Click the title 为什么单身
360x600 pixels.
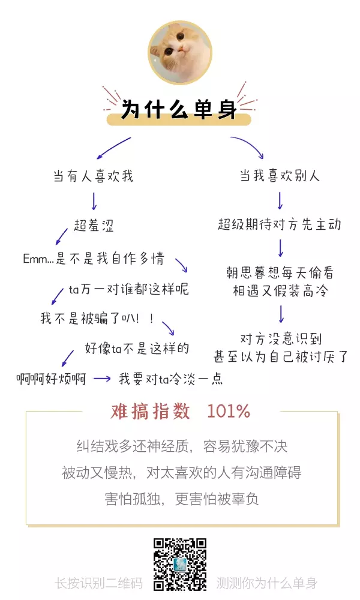[179, 109]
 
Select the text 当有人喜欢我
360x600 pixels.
[94, 176]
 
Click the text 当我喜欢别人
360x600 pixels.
[280, 176]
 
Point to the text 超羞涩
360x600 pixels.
[94, 225]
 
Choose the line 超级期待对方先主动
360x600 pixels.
[280, 224]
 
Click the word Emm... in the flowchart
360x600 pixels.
[38, 259]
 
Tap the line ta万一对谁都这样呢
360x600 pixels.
[129, 289]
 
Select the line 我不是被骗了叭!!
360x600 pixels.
[98, 319]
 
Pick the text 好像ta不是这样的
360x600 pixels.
[137, 348]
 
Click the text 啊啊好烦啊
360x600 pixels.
[51, 379]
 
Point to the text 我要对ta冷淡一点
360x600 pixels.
[170, 379]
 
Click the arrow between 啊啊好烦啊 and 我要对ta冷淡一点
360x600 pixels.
[102, 379]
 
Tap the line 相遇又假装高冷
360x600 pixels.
[280, 291]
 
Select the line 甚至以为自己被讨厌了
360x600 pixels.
[280, 356]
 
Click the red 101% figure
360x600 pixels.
[229, 412]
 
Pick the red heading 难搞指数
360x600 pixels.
[151, 412]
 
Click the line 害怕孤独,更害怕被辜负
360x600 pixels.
[182, 499]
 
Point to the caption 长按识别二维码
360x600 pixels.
[99, 583]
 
